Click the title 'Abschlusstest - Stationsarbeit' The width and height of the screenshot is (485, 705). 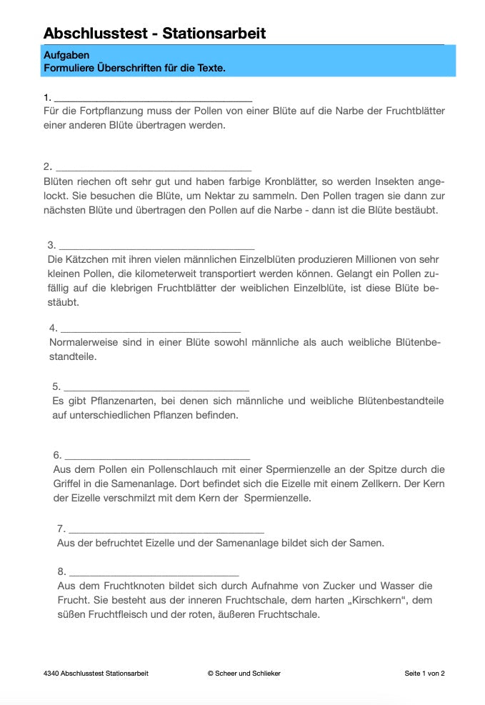point(154,33)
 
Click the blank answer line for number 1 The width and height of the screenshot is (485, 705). point(153,101)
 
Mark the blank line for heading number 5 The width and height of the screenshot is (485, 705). point(157,390)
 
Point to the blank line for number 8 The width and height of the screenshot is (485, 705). point(154,574)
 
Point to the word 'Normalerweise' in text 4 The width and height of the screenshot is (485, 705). point(83,343)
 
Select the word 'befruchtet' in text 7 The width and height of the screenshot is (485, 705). point(113,543)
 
